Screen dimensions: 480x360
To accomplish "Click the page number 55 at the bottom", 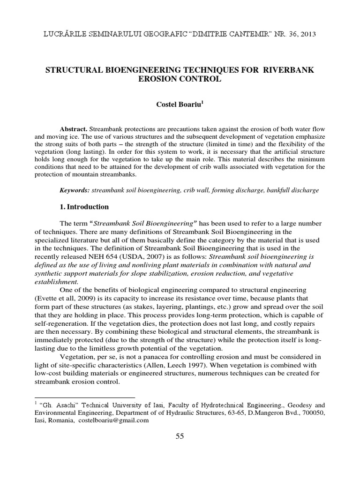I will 180,436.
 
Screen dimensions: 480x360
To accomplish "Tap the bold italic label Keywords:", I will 75,190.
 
